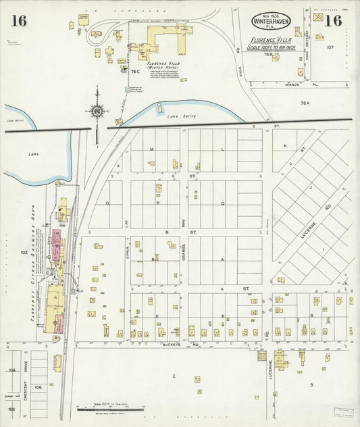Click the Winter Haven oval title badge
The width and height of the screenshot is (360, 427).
click(x=271, y=22)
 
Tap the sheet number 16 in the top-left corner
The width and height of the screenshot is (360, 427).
click(x=18, y=21)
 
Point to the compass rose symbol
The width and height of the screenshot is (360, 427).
click(x=97, y=110)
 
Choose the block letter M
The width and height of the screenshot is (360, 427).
click(x=152, y=149)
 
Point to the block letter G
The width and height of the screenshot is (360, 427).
click(x=311, y=316)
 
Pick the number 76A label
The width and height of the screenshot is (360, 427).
click(x=305, y=103)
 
